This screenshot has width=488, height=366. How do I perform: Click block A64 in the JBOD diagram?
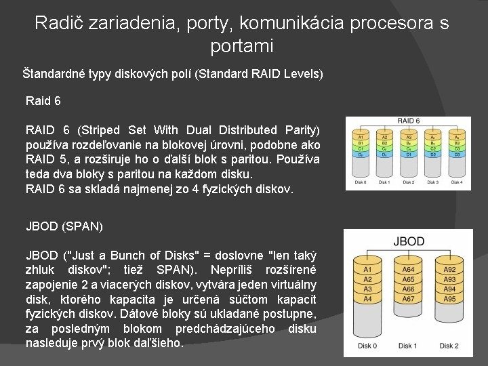tap(408, 268)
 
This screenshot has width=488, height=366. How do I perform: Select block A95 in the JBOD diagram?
tap(449, 299)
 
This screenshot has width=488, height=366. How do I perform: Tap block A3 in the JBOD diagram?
tap(367, 289)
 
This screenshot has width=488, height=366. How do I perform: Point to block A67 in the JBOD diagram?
tap(408, 299)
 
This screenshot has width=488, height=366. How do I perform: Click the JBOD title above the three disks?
tap(408, 241)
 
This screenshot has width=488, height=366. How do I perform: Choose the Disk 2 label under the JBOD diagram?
tap(449, 346)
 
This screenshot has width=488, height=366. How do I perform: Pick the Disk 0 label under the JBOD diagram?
tap(367, 346)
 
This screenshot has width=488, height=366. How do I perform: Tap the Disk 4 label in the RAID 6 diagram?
tap(452, 182)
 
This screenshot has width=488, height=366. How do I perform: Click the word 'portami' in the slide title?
tap(242, 46)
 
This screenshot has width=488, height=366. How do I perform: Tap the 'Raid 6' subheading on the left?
tap(43, 101)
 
